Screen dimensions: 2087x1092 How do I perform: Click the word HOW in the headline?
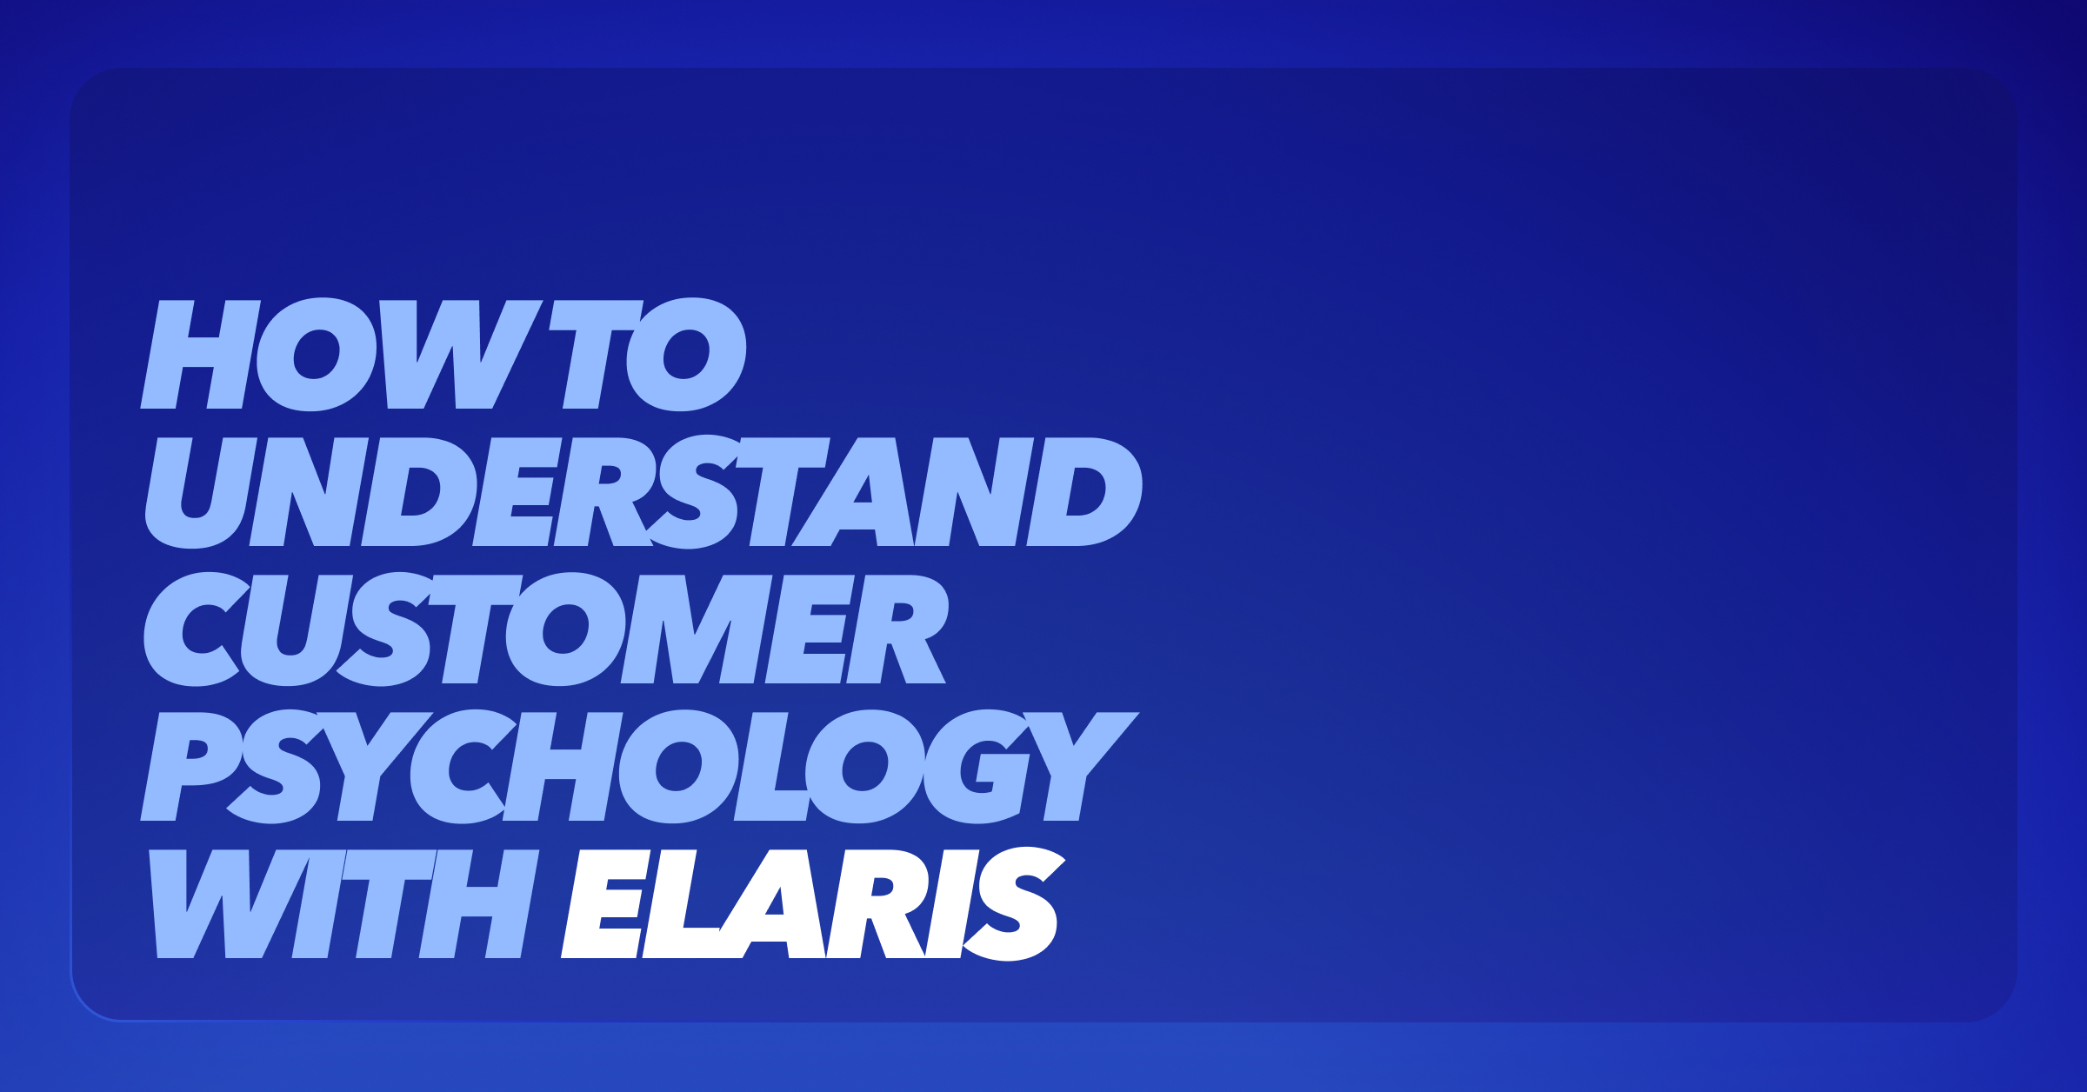(x=342, y=354)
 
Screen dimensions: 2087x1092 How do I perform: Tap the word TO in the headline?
(x=648, y=354)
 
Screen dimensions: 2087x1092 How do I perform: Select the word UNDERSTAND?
(x=643, y=492)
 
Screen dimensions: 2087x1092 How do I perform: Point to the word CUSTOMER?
(x=546, y=629)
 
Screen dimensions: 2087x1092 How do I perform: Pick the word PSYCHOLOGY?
(x=640, y=767)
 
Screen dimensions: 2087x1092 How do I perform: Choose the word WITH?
(x=344, y=904)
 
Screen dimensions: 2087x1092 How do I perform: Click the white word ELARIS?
(x=813, y=904)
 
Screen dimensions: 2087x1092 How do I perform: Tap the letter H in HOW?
(x=200, y=354)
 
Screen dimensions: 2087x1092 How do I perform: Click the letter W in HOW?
(x=461, y=354)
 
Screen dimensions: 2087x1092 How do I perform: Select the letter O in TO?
(x=686, y=354)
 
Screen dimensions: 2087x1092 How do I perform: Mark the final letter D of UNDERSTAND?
(x=1084, y=491)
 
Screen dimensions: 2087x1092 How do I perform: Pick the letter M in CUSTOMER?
(x=697, y=629)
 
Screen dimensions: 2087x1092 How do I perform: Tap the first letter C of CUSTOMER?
(x=197, y=629)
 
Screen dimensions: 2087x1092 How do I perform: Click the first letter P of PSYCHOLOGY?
(x=191, y=767)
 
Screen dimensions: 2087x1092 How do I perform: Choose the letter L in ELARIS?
(x=683, y=904)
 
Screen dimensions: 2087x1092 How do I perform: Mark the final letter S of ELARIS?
(x=1014, y=904)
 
